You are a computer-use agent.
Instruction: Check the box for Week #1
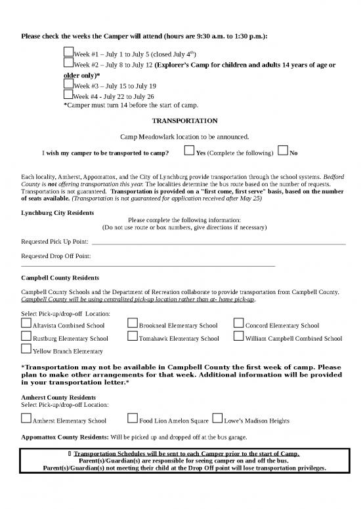pos(68,51)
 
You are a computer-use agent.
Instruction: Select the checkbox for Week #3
pos(68,84)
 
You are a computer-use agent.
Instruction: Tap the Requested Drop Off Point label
pos(56,256)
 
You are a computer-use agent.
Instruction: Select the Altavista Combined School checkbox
pos(26,324)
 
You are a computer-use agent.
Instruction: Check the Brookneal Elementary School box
pos(133,324)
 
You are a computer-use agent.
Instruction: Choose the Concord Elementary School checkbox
pos(239,324)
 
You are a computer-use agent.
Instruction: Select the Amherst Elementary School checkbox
pos(26,419)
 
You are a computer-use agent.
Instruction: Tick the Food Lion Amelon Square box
pos(133,419)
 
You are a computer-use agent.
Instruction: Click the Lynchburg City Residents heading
pos(58,213)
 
